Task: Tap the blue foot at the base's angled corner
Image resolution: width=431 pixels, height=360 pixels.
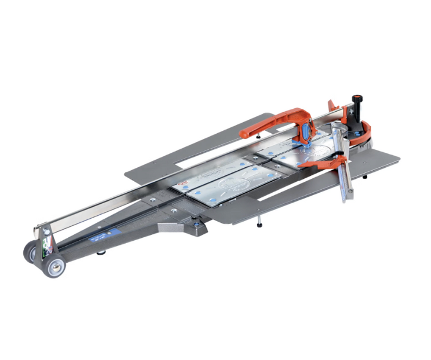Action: [x=198, y=224]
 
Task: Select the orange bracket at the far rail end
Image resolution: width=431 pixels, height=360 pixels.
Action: [x=333, y=106]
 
